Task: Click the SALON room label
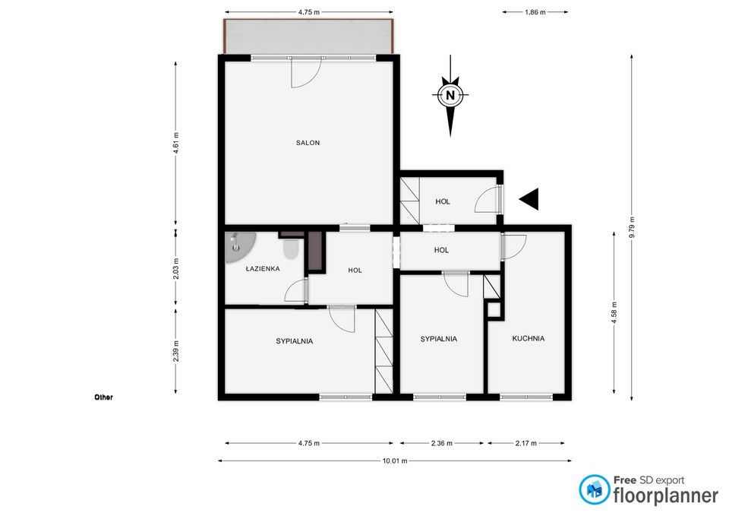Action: pos(308,143)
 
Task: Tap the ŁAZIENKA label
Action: pos(263,268)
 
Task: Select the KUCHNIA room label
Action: pos(529,339)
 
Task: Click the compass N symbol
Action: pos(450,96)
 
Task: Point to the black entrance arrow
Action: pos(529,199)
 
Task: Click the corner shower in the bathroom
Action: pos(238,246)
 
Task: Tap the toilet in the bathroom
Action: pos(291,249)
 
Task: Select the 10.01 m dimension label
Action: pos(395,461)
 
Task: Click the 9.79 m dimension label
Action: pos(631,227)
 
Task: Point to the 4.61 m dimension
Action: pos(175,144)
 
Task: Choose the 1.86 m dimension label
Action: pos(535,12)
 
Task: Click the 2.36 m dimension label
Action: pos(442,443)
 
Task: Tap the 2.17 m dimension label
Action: pos(525,443)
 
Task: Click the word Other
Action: pos(104,397)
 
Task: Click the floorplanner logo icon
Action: pos(594,489)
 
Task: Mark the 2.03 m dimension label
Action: pos(175,269)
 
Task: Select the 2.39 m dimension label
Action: pos(175,350)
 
